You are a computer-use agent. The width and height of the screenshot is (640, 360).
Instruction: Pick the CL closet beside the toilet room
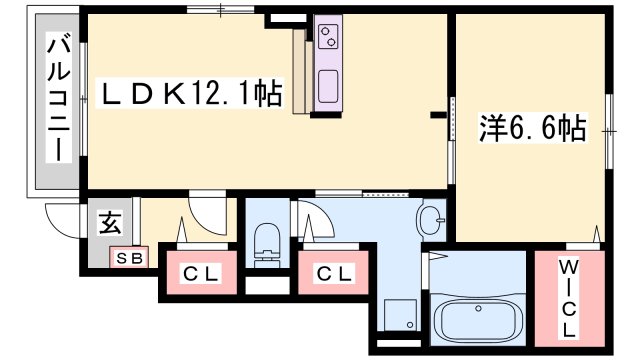332,272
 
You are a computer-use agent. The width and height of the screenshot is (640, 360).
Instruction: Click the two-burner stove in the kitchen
329,39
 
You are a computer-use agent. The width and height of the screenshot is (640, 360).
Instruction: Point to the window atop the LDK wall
220,10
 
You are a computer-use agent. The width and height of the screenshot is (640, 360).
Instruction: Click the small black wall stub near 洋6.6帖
437,115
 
